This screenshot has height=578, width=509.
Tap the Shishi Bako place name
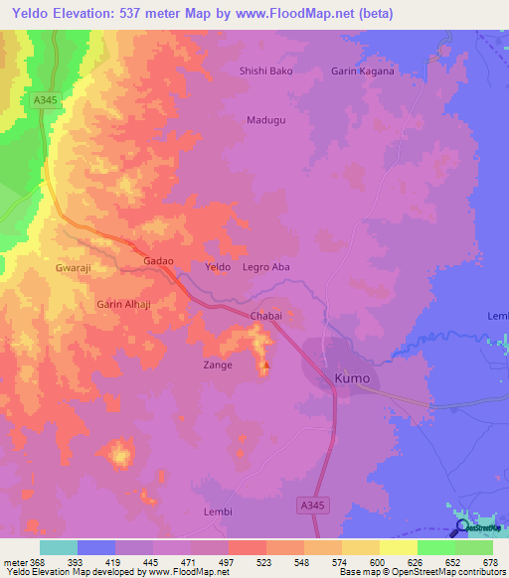(265, 72)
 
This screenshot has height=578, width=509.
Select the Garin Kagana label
(362, 72)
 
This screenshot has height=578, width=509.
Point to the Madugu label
(265, 120)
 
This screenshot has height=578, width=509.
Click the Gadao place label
(159, 261)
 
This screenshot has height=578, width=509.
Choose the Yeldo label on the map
(217, 268)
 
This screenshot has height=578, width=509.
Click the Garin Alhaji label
(123, 304)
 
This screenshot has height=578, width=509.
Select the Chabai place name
(265, 316)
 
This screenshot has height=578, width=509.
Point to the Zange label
(218, 365)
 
